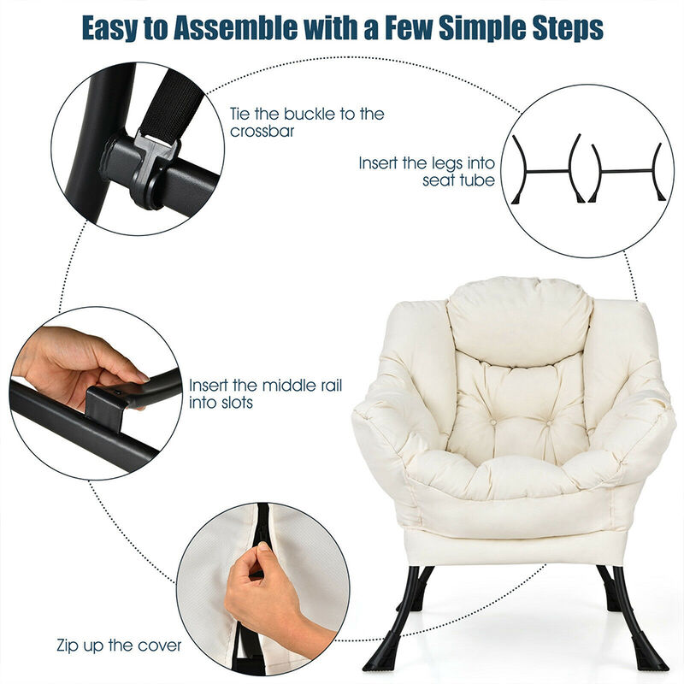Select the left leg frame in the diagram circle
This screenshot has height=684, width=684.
[x=547, y=171]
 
